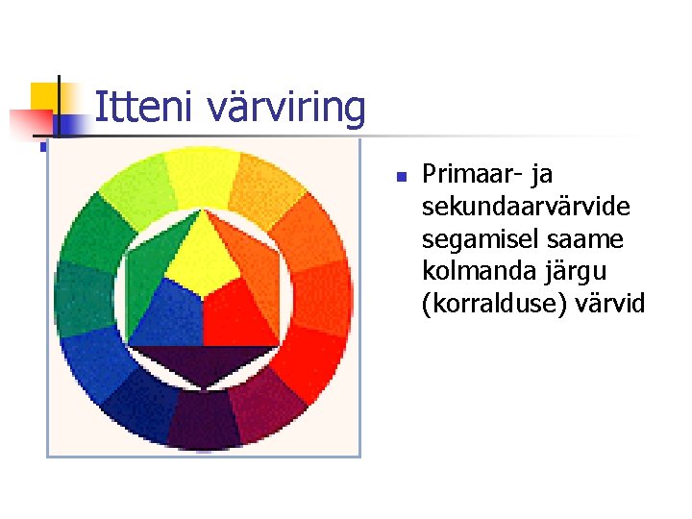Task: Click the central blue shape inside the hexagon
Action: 165,312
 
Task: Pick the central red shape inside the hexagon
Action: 240,312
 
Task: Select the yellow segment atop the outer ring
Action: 203,173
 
